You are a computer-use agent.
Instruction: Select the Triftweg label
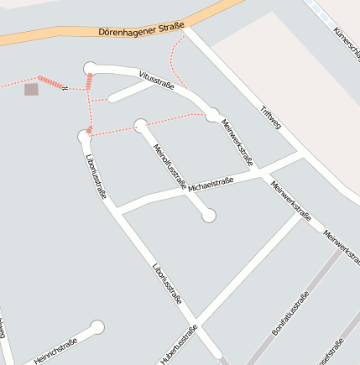(x=271, y=118)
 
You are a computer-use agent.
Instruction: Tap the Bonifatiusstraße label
(x=290, y=314)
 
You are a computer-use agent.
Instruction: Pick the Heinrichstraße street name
(x=55, y=352)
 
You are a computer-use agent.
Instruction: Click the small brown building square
(x=31, y=89)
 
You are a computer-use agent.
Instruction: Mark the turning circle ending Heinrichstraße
(x=97, y=326)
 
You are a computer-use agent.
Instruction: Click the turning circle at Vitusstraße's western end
(x=91, y=68)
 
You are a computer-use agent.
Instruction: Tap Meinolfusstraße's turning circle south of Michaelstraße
(x=209, y=216)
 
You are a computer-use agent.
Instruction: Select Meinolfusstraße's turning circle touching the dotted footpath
(x=140, y=126)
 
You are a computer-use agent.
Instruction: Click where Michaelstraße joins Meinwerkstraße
(x=262, y=170)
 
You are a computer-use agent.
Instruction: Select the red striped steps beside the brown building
(x=50, y=82)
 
